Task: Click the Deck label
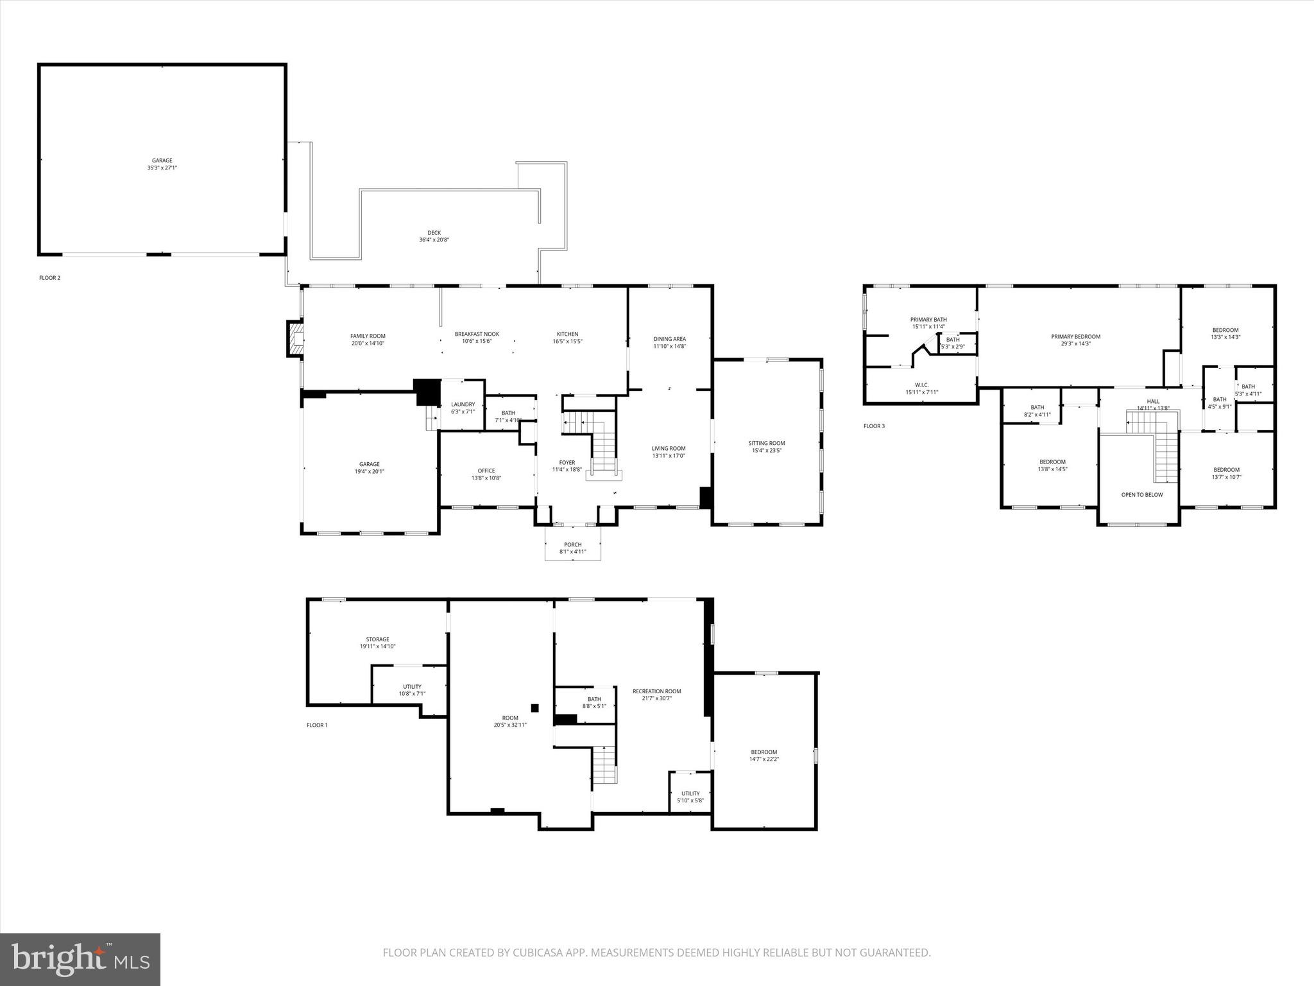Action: coord(434,233)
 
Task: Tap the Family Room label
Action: coord(368,336)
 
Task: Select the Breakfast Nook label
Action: coord(477,334)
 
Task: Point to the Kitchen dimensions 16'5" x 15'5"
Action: coord(567,342)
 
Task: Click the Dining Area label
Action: coord(670,339)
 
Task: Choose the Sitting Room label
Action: coord(767,443)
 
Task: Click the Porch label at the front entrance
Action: coord(573,544)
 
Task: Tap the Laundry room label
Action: coord(463,404)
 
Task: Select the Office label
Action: coord(486,471)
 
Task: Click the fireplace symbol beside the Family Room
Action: coord(295,338)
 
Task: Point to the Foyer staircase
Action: coord(602,443)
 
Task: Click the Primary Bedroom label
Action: coord(1075,336)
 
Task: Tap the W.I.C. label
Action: coord(921,385)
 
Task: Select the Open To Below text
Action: coord(1141,494)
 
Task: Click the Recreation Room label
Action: coord(656,691)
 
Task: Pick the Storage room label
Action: coord(377,639)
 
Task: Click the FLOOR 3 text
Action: coord(874,426)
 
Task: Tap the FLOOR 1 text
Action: coord(317,725)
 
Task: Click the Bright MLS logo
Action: coord(80,959)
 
